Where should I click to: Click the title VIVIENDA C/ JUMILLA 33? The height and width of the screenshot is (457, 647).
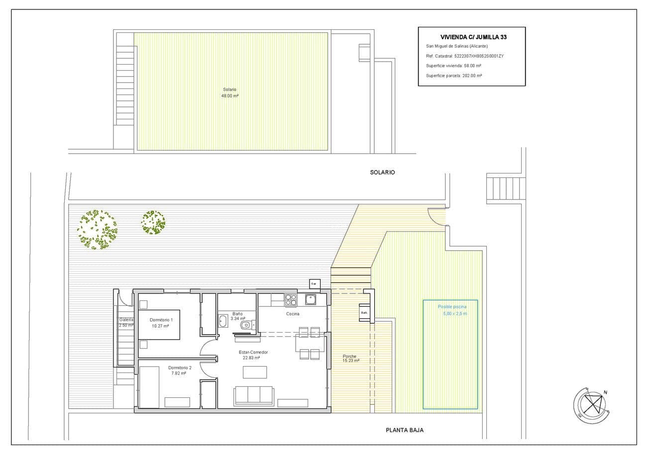pyautogui.click(x=473, y=37)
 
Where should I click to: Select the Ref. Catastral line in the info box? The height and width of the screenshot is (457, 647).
pyautogui.click(x=465, y=56)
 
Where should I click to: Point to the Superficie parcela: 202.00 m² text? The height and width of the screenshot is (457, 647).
pyautogui.click(x=454, y=76)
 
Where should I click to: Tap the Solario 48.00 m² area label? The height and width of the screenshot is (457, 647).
pyautogui.click(x=230, y=92)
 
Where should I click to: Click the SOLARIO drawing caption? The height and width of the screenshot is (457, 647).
pyautogui.click(x=382, y=172)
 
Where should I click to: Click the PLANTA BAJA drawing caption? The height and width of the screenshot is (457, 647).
pyautogui.click(x=405, y=430)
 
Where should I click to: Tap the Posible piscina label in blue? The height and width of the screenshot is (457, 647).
pyautogui.click(x=452, y=307)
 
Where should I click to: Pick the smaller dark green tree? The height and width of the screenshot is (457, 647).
pyautogui.click(x=153, y=222)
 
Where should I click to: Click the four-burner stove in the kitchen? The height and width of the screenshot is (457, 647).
pyautogui.click(x=291, y=300)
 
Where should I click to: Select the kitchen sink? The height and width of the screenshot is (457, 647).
pyautogui.click(x=311, y=299)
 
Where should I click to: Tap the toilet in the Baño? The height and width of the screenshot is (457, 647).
pyautogui.click(x=246, y=325)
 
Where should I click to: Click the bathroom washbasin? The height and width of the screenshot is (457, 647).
pyautogui.click(x=222, y=321)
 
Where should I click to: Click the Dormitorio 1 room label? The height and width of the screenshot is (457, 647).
pyautogui.click(x=161, y=320)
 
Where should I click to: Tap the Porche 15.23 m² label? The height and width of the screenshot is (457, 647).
pyautogui.click(x=351, y=359)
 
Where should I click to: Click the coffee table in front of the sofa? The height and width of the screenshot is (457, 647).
pyautogui.click(x=254, y=372)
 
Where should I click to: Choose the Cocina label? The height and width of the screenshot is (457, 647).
pyautogui.click(x=293, y=314)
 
